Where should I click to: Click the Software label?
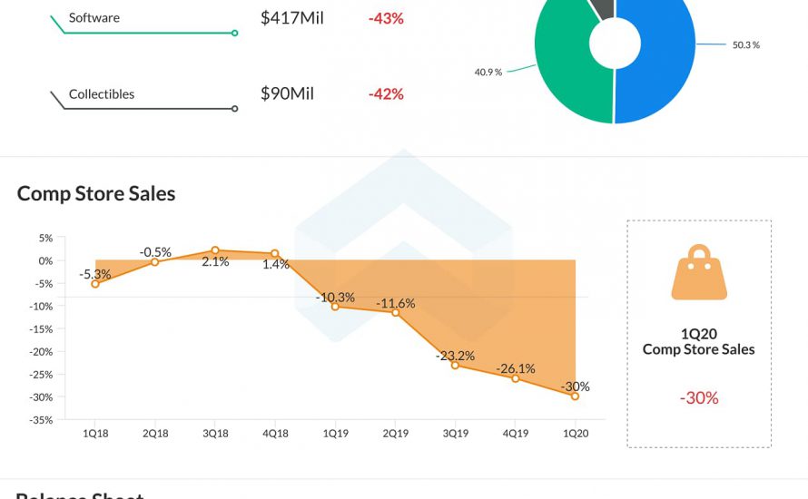94,18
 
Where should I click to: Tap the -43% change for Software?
386,18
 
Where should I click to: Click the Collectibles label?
102,94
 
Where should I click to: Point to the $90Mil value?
287,94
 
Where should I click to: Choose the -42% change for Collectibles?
386,94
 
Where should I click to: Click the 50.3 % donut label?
745,44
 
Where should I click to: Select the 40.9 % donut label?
488,72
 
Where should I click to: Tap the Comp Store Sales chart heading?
96,193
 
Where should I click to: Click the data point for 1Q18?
95,284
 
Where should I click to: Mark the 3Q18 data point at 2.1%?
215,250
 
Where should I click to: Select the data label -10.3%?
334,297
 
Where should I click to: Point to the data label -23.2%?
454,356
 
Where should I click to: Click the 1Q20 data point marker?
575,396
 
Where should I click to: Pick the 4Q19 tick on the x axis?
515,434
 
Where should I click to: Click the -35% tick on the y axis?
41,420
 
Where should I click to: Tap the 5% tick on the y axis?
44,238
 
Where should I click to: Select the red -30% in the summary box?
699,397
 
